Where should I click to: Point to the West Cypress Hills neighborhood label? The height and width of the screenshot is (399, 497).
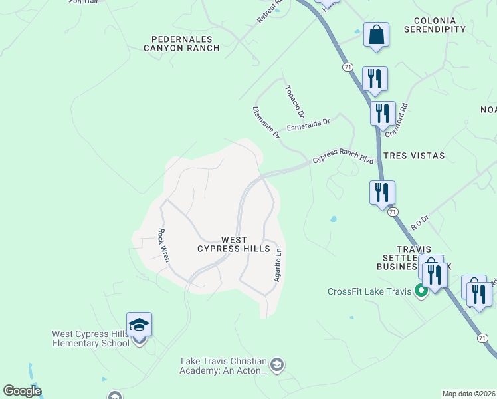click(234, 244)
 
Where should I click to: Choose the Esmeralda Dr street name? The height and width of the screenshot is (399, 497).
click(308, 125)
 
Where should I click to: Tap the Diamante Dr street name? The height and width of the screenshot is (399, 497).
click(266, 122)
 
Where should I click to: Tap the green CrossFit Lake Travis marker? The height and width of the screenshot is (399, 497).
click(420, 290)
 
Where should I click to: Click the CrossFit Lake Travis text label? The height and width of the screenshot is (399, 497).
click(369, 291)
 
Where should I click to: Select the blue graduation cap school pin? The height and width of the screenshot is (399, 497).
click(140, 325)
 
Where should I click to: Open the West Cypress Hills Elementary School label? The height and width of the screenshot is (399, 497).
click(91, 338)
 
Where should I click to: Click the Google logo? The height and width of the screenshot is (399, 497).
click(22, 391)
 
